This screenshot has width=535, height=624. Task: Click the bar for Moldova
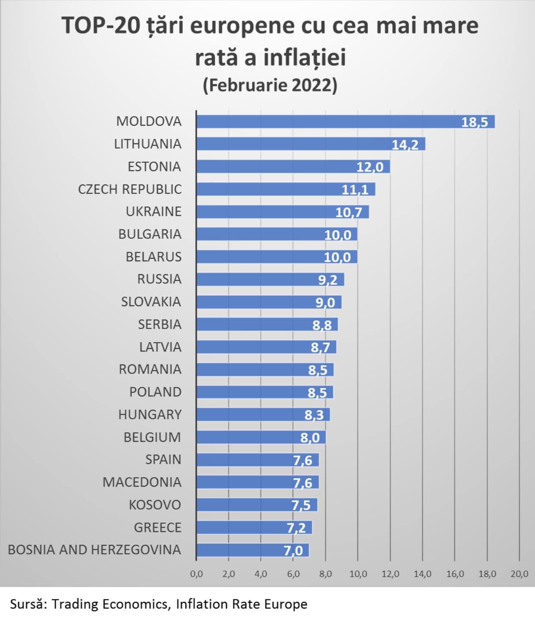click(x=346, y=122)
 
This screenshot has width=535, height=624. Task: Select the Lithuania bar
click(x=311, y=144)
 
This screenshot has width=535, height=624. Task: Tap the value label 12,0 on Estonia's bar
click(x=370, y=167)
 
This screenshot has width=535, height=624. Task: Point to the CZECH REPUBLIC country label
click(x=130, y=189)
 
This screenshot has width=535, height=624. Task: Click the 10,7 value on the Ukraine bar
click(x=349, y=212)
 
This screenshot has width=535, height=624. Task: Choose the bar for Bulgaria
click(x=277, y=234)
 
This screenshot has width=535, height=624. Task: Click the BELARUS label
click(x=154, y=257)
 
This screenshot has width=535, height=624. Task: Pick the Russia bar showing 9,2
click(x=270, y=279)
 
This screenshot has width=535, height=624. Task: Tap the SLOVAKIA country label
click(x=151, y=302)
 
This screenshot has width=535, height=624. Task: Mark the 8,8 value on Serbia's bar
click(x=322, y=326)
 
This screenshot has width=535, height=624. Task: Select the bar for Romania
click(x=265, y=370)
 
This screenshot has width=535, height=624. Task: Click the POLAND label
click(x=155, y=392)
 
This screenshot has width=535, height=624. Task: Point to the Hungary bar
click(x=263, y=415)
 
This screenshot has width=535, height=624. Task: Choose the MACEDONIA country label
click(x=142, y=482)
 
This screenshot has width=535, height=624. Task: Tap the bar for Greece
click(x=255, y=528)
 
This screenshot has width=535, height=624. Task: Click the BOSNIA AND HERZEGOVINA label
click(x=94, y=550)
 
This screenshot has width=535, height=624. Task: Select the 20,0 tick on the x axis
click(x=519, y=574)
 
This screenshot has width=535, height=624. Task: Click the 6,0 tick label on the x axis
click(x=293, y=574)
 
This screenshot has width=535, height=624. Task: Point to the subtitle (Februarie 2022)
click(x=270, y=86)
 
